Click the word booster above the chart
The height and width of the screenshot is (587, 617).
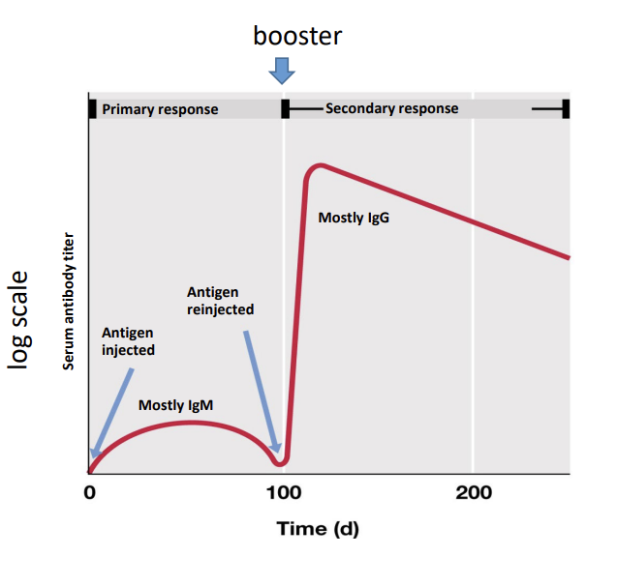297,36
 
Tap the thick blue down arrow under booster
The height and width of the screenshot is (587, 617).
282,71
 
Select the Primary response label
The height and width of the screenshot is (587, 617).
160,109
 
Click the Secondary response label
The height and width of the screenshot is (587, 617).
392,108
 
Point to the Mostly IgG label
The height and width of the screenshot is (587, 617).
354,218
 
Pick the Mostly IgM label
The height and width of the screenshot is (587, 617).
176,405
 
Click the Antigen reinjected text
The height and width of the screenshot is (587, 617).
221,301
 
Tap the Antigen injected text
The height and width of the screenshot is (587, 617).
128,341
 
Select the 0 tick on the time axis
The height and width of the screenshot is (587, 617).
90,492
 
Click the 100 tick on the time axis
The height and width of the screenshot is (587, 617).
284,492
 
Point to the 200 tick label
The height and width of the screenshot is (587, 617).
474,492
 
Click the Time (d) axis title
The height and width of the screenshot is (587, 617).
318,529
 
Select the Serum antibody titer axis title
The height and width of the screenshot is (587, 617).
69,301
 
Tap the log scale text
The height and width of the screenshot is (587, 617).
18,320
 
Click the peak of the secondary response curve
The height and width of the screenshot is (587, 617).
322,165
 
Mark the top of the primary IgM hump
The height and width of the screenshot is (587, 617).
191,423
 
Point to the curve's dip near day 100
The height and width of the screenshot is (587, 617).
280,464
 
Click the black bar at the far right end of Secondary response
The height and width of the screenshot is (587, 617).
566,109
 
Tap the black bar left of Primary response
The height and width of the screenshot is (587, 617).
92,109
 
